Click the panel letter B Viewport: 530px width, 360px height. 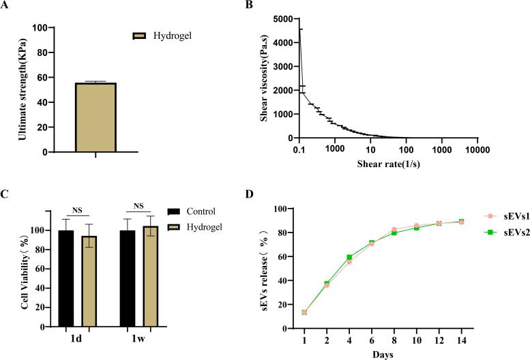pyautogui.click(x=259, y=5)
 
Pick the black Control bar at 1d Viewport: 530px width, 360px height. pyautogui.click(x=66, y=279)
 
